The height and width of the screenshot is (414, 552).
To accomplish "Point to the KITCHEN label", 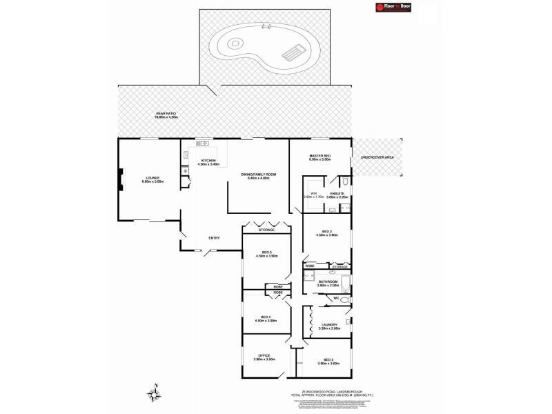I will coord(208,162).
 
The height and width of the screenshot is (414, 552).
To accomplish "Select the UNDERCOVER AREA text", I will coord(377,158).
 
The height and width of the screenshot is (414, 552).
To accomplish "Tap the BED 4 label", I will coord(266,319).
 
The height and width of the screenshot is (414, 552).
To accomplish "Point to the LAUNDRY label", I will coord(328,326).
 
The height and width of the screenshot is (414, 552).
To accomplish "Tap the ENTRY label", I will coord(214,239).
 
